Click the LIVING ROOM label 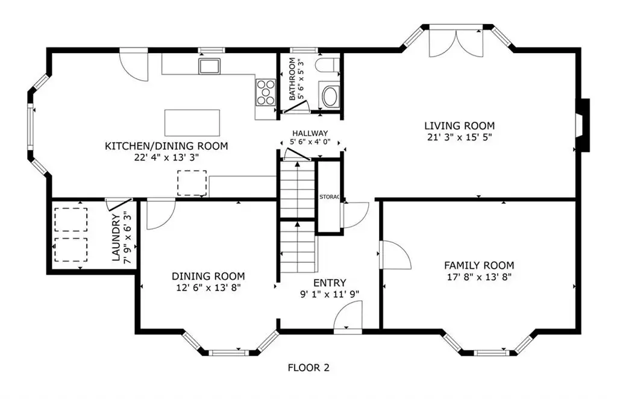[x=459, y=126]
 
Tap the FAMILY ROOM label [x=479, y=265]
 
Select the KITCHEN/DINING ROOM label [x=166, y=146]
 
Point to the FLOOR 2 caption [x=308, y=368]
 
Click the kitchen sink [x=209, y=66]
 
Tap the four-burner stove [x=266, y=92]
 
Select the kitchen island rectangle [x=192, y=123]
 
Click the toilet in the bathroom [x=328, y=65]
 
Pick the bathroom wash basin [x=329, y=95]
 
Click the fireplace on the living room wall [x=583, y=125]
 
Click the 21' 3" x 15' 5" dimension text [x=459, y=137]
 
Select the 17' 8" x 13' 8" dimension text [x=479, y=277]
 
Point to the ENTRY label [x=330, y=283]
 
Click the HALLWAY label [x=310, y=133]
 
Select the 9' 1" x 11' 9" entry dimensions [x=330, y=294]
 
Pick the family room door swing [x=395, y=254]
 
